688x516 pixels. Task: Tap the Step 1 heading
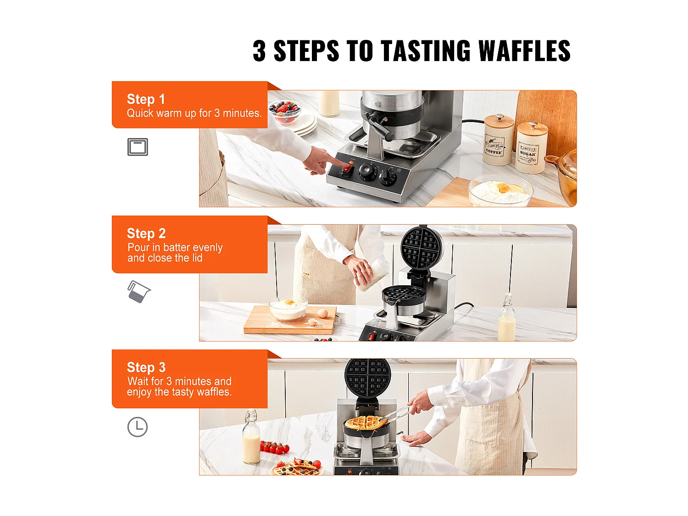(145, 99)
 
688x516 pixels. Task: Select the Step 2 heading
(146, 233)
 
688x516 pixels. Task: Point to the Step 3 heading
(146, 367)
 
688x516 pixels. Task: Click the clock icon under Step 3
(138, 427)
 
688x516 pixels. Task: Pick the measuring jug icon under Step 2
(139, 291)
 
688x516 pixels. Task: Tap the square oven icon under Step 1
(138, 147)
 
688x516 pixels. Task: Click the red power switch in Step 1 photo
(347, 170)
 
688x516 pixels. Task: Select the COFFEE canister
(498, 139)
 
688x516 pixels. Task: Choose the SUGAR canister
(531, 148)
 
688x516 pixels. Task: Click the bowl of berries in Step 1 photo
(285, 111)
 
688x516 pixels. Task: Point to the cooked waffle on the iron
(366, 423)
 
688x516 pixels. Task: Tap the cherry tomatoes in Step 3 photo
(275, 447)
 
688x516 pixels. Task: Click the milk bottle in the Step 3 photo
(251, 437)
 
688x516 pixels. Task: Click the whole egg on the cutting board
(322, 313)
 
